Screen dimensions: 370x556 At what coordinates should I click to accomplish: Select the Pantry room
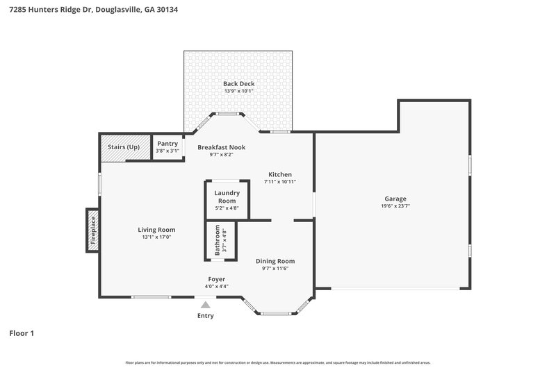coord(167,146)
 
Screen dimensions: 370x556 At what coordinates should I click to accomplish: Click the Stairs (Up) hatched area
coord(124,147)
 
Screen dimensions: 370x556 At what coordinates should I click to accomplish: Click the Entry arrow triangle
coord(205,304)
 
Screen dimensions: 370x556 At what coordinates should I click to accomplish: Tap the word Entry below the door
coord(205,316)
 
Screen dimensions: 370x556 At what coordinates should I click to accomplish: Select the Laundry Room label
coord(227,196)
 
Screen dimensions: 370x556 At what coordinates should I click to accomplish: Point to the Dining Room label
coord(275,261)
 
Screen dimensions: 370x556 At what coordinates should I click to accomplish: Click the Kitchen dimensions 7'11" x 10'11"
coord(280,182)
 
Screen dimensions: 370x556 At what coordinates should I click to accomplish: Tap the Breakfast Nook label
coord(221,147)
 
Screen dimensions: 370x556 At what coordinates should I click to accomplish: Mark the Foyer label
coord(217,279)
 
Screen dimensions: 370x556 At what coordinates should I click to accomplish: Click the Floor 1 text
coord(22,333)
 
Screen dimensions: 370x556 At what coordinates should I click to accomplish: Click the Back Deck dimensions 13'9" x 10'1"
coord(238,91)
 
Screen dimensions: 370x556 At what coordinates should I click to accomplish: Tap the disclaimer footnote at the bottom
coord(278,362)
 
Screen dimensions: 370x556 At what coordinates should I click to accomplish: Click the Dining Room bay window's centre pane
coord(275,314)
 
